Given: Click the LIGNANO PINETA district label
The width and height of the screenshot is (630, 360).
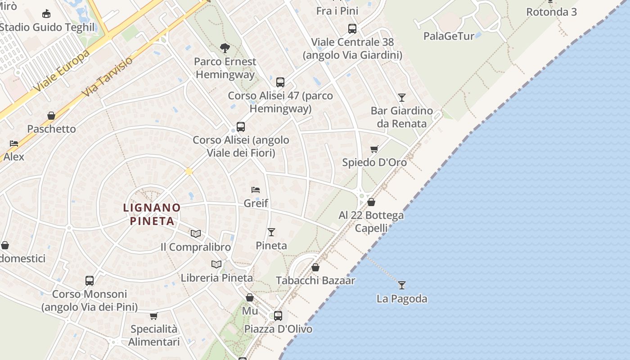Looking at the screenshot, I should click(152, 214).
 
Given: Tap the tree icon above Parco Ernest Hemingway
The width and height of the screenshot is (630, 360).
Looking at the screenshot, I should click(225, 48).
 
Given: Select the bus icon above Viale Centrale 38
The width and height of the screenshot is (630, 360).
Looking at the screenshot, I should click(352, 29).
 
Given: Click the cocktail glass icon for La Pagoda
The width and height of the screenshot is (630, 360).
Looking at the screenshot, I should click(402, 285).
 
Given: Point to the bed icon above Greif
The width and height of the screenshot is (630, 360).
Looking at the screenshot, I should click(256, 190).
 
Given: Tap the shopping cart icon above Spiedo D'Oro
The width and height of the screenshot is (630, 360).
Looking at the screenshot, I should click(374, 149).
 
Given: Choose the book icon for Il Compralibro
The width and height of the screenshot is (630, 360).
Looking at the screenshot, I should click(195, 234).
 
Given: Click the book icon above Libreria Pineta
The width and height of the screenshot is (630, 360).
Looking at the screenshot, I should click(216, 264).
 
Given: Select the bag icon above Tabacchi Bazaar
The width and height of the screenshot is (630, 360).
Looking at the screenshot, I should click(315, 267).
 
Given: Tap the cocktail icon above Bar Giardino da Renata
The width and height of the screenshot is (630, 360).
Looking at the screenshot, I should click(401, 97).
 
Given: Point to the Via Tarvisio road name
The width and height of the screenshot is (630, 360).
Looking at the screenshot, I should click(108, 76).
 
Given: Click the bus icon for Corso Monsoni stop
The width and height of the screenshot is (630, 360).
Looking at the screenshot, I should click(90, 281).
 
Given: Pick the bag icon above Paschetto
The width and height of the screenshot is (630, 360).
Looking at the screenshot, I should click(51, 116).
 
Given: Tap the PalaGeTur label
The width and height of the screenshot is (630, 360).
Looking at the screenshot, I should click(449, 36).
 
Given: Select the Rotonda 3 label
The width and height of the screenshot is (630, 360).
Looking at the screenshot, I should click(551, 12).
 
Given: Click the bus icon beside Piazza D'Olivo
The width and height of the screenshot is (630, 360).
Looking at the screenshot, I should click(278, 316).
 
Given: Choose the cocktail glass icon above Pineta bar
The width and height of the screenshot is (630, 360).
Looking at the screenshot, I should click(271, 232).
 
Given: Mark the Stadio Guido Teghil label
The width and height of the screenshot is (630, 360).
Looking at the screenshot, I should click(47, 27).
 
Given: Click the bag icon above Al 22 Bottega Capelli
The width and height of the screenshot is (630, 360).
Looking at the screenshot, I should click(371, 202).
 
